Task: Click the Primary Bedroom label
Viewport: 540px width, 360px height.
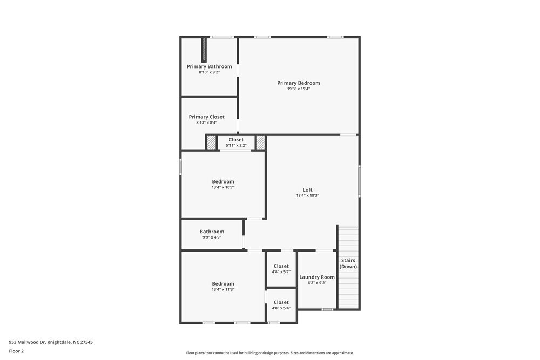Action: tap(299, 83)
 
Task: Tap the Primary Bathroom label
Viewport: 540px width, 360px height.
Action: tap(210, 66)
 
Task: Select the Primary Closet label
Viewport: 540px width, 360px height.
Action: tap(206, 117)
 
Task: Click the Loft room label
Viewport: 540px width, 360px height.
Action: tap(307, 189)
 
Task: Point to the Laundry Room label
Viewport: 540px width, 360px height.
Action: tap(317, 277)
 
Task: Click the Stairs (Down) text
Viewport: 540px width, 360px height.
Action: tap(348, 263)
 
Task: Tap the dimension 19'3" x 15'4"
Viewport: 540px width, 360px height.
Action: tap(299, 89)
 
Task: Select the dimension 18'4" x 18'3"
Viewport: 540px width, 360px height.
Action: tap(307, 196)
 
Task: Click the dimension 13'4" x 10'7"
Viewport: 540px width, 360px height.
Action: tap(223, 187)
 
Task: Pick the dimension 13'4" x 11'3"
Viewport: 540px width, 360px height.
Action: tap(223, 290)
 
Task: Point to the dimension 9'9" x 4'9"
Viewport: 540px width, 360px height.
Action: tap(212, 237)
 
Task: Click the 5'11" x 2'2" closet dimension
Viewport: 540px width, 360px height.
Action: tap(236, 145)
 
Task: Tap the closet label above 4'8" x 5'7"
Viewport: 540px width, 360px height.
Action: tap(281, 266)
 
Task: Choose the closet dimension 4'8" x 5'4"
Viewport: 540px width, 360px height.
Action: tap(281, 308)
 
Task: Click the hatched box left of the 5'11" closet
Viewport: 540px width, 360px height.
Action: tap(211, 142)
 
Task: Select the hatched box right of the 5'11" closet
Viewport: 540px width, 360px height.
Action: tap(261, 142)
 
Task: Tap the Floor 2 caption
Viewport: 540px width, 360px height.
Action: tap(16, 351)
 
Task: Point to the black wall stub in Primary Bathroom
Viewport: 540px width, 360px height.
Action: tap(204, 50)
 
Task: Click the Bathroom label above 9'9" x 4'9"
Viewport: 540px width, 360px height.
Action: tap(212, 232)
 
